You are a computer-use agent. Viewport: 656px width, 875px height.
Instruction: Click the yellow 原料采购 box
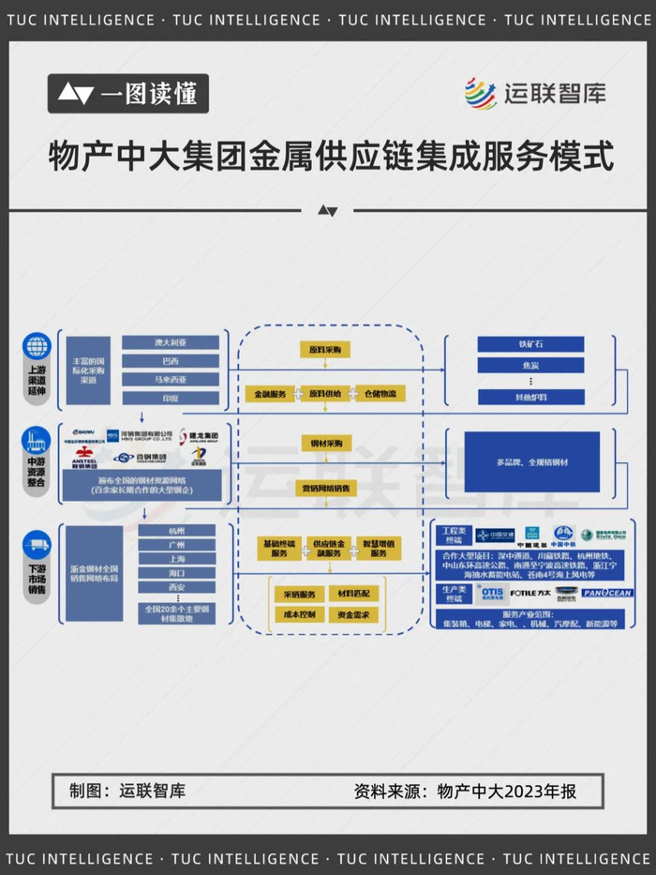coord(326,349)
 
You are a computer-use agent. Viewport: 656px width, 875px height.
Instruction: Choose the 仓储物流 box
coord(380,394)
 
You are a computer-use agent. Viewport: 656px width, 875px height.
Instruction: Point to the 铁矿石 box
coord(530,344)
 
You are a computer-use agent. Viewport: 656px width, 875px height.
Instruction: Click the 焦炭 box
coord(530,365)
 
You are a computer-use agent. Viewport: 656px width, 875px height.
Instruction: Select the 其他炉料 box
coord(530,396)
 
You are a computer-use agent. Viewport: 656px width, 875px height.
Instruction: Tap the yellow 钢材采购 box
coord(326,442)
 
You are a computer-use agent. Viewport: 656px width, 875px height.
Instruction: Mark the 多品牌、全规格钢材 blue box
coord(532,462)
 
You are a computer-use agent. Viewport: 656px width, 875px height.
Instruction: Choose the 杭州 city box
coord(177,531)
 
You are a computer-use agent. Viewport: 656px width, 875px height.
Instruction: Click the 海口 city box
coord(177,572)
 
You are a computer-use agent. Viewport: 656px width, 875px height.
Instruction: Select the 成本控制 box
coord(299,615)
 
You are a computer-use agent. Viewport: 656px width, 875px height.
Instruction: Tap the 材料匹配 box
coord(352,594)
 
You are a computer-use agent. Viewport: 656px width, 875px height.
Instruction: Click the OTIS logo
coord(492,593)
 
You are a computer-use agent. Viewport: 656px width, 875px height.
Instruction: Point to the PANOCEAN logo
coord(607,593)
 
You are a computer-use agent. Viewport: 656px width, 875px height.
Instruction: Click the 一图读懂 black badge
coord(128,94)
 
